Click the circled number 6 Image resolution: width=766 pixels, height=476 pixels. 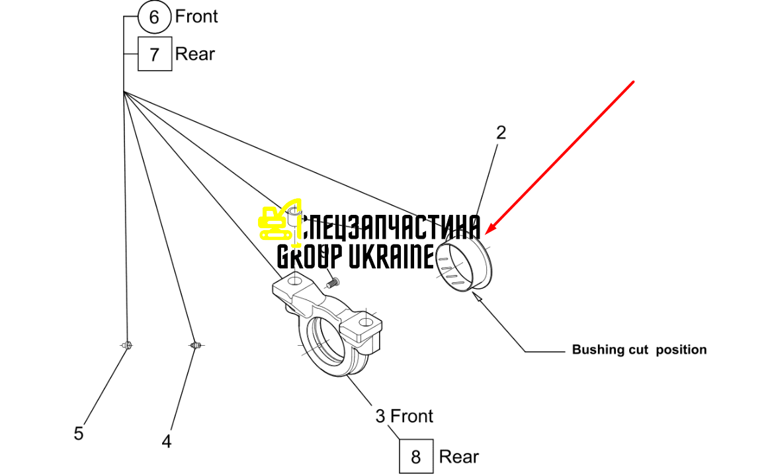[x=154, y=17]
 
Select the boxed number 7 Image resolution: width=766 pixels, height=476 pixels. [x=155, y=54]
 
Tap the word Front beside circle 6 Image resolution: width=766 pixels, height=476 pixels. [x=196, y=16]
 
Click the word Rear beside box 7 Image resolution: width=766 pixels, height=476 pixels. [x=195, y=54]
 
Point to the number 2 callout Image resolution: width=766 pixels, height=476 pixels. [x=501, y=132]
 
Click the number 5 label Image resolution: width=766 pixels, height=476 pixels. [x=79, y=434]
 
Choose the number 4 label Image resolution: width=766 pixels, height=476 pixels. [x=167, y=442]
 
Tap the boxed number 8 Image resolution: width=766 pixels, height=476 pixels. [x=415, y=456]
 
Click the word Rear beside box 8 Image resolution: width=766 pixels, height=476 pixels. [x=458, y=456]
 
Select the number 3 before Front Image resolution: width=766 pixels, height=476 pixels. [x=380, y=416]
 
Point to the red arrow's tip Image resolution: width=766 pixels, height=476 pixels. [x=487, y=233]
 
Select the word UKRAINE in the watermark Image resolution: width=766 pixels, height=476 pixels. [x=392, y=257]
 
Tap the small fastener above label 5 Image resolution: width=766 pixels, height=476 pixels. [x=127, y=345]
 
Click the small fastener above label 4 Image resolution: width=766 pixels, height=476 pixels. [x=196, y=345]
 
